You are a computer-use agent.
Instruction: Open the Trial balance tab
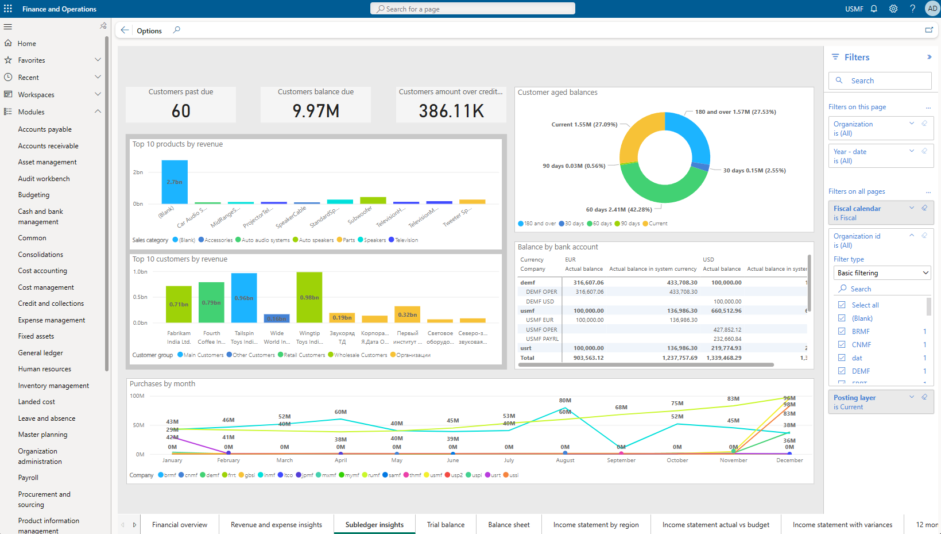point(446,525)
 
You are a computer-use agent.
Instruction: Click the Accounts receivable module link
point(48,146)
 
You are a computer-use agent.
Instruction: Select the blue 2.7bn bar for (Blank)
point(175,182)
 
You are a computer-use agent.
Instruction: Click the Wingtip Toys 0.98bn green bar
point(309,297)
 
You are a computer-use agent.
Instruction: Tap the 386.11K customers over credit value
point(451,111)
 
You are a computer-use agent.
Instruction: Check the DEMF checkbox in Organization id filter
point(842,371)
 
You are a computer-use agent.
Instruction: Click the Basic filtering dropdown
point(882,273)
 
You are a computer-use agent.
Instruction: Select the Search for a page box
point(473,9)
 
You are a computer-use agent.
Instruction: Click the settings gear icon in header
point(893,9)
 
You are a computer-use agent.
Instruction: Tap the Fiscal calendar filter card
point(880,213)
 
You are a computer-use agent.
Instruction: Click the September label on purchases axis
point(621,460)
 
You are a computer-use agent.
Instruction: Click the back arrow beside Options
point(125,30)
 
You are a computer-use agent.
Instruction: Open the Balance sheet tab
point(509,525)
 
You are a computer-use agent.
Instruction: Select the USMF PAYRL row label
point(542,339)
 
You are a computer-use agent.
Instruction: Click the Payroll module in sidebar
point(28,478)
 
